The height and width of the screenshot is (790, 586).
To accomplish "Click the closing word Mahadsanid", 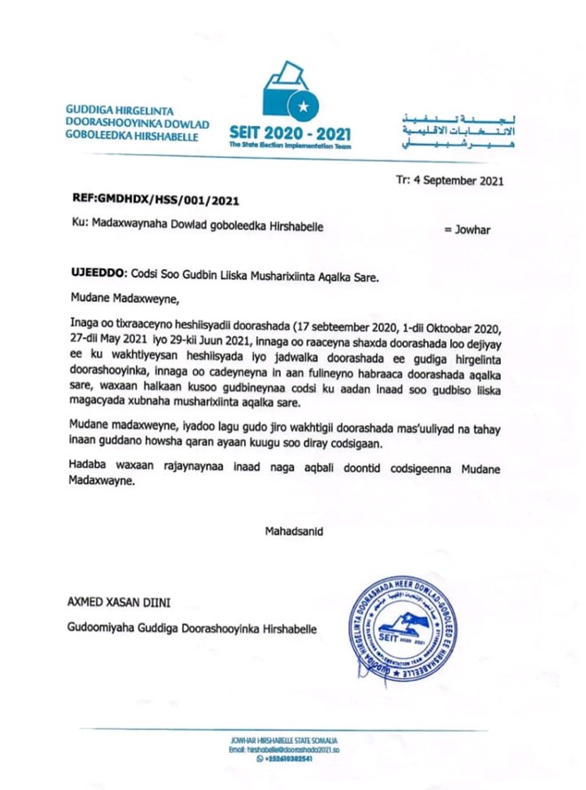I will (x=293, y=531).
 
